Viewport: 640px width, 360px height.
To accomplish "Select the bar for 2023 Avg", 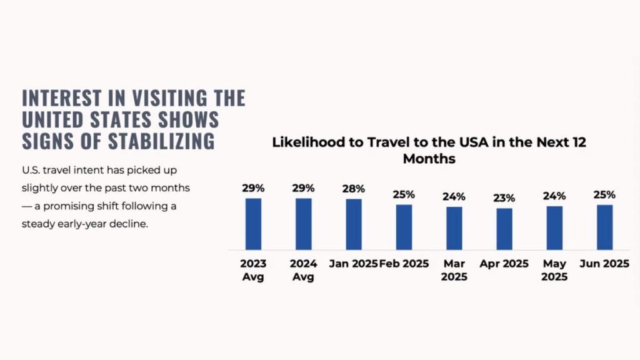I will [x=253, y=224].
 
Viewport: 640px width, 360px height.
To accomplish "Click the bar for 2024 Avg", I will [x=303, y=224].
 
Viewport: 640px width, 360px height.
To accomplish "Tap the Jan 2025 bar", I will [x=354, y=224].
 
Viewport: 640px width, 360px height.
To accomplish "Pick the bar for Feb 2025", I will [x=404, y=227].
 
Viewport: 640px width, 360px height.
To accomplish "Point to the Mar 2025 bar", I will [x=454, y=228].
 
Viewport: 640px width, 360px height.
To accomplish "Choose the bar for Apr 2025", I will [x=504, y=229].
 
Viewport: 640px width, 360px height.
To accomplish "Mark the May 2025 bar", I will [x=555, y=228].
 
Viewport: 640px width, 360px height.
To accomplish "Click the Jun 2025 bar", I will [x=604, y=227].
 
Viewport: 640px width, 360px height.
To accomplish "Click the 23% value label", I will [x=504, y=198].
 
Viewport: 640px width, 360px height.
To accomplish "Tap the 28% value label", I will [x=354, y=189].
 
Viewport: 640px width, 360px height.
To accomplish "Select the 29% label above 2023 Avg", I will [x=253, y=187].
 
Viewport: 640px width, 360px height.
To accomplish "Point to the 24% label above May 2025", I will [x=555, y=196].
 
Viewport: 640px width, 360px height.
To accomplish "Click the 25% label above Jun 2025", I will [x=604, y=194].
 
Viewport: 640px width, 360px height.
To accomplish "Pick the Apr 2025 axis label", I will [x=504, y=264].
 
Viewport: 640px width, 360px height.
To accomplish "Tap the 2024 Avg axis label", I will [x=303, y=270].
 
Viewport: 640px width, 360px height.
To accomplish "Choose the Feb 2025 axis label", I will [x=404, y=264].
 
